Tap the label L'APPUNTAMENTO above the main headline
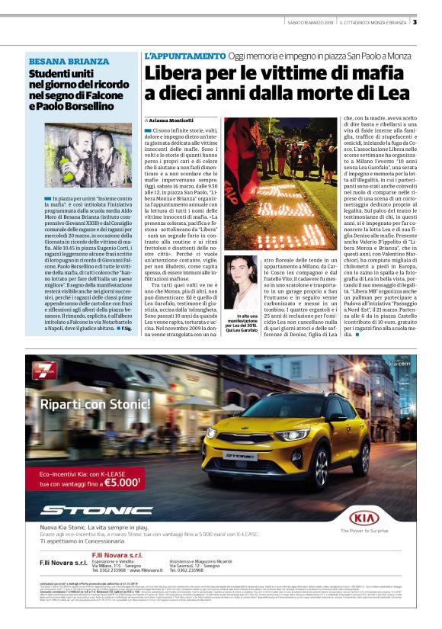click(x=184, y=56)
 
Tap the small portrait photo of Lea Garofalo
click(x=247, y=281)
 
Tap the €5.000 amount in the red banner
click(x=122, y=482)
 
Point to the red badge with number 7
click(x=43, y=374)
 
